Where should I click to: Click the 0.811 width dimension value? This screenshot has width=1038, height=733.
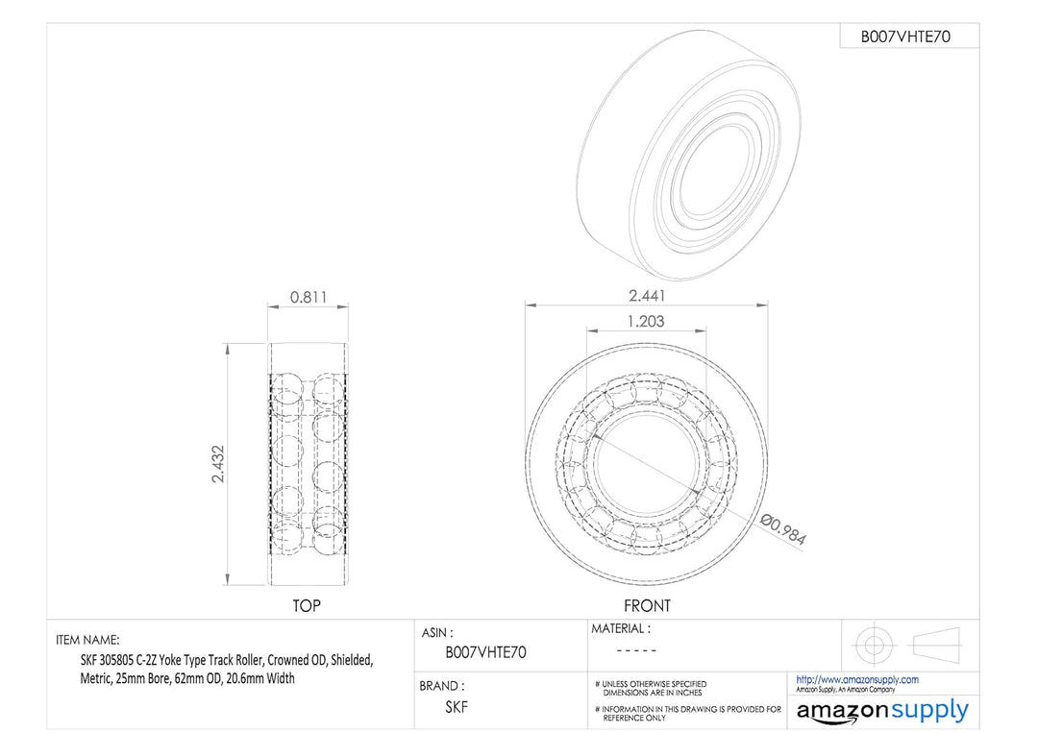pyautogui.click(x=308, y=298)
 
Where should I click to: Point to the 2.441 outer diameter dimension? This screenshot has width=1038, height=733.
pyautogui.click(x=646, y=296)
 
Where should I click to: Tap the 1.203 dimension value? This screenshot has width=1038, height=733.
pyautogui.click(x=645, y=322)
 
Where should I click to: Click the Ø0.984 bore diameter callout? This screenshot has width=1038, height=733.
pyautogui.click(x=782, y=529)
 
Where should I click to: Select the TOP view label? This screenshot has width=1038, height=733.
pyautogui.click(x=307, y=606)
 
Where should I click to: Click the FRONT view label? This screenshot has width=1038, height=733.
pyautogui.click(x=647, y=606)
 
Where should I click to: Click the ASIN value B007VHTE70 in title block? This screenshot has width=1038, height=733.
pyautogui.click(x=485, y=652)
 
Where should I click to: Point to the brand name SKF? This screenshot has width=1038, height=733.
pyautogui.click(x=458, y=706)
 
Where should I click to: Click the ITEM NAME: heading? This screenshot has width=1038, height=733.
pyautogui.click(x=88, y=640)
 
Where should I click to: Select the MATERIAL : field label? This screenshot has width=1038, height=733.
pyautogui.click(x=620, y=629)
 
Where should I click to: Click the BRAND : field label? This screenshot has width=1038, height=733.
pyautogui.click(x=442, y=686)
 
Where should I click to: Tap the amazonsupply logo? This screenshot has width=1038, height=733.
pyautogui.click(x=881, y=712)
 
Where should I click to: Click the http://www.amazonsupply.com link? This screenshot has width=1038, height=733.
pyautogui.click(x=856, y=679)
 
